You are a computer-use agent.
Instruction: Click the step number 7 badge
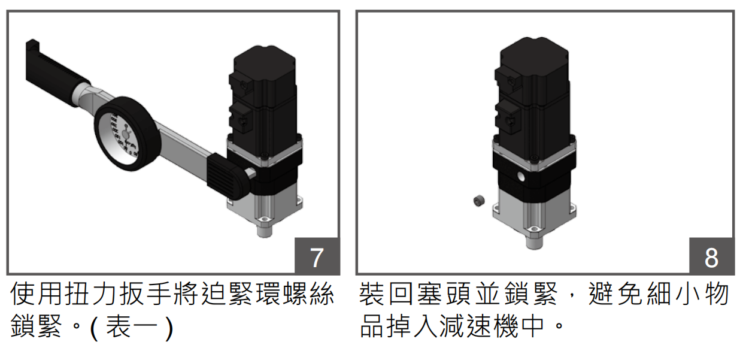pos(317,257)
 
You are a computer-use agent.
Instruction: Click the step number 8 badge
pos(711,257)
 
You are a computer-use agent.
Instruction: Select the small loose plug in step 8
pos(478,202)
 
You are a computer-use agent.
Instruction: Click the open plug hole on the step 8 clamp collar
pos(519,178)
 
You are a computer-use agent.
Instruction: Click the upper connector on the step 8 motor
pos(507,78)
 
